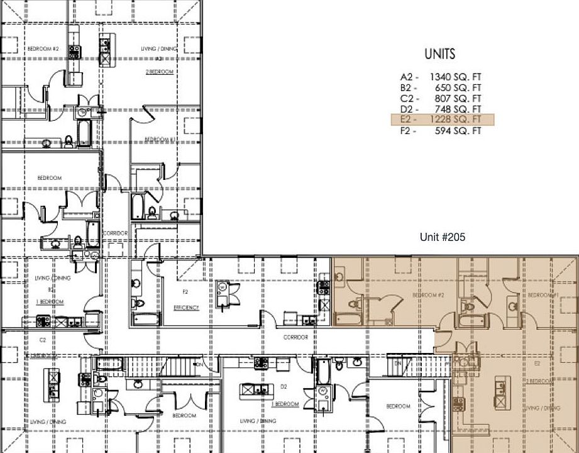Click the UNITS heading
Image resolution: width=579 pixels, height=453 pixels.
click(439, 54)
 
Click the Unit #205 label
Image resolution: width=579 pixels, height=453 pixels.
click(442, 237)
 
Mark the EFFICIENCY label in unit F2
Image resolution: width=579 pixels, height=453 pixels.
click(186, 308)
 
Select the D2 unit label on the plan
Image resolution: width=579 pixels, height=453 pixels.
click(284, 386)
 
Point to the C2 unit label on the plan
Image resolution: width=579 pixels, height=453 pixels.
click(43, 340)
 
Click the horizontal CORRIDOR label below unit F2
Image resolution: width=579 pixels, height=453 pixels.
click(295, 337)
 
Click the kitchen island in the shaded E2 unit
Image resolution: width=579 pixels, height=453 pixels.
click(502, 391)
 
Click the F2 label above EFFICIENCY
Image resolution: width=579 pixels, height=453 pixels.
click(185, 292)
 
